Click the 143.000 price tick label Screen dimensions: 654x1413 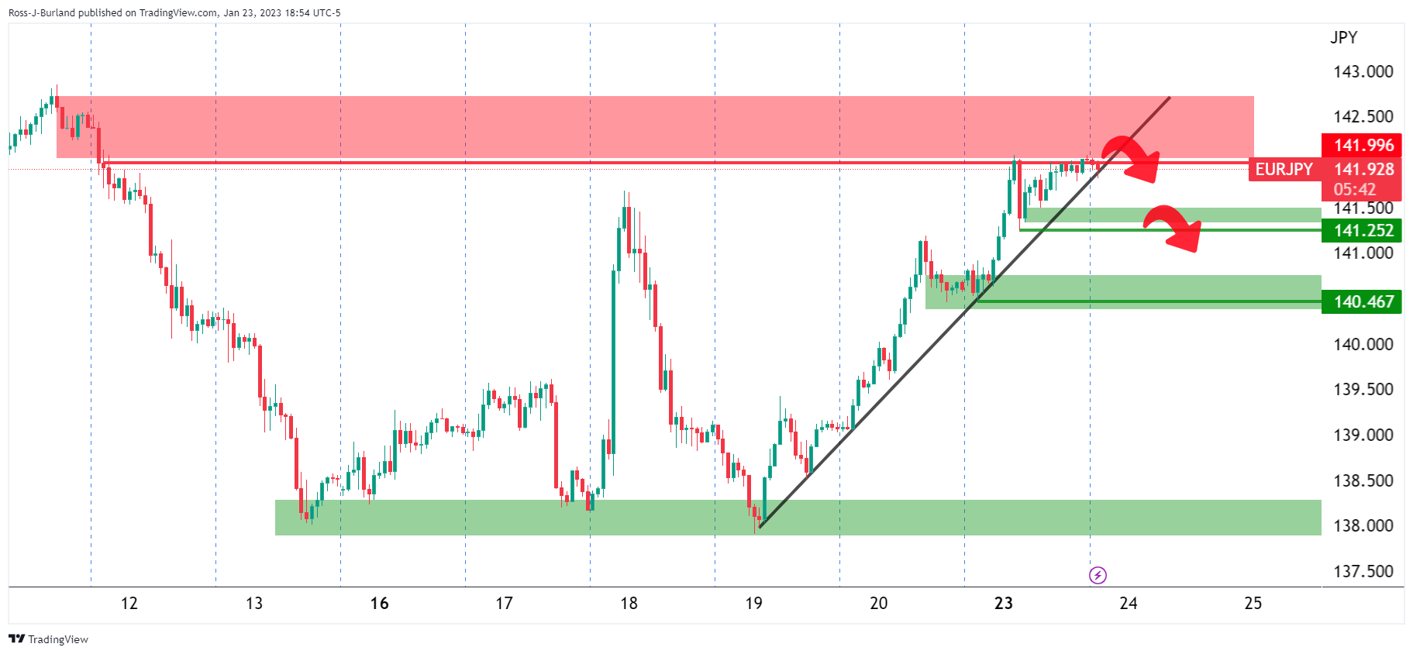click(1363, 72)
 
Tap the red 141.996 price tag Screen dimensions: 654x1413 click(1363, 145)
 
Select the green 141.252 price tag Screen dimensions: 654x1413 click(1363, 230)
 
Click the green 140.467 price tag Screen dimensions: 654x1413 click(1363, 301)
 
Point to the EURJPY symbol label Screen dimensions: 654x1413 click(1284, 170)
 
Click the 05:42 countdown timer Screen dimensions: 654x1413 click(1354, 189)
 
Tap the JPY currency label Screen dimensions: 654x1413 click(1343, 37)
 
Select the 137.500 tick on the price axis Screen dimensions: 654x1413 click(1363, 572)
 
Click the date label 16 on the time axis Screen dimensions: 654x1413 click(379, 604)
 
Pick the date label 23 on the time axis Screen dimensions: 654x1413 click(1003, 604)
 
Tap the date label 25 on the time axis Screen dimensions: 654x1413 click(1253, 604)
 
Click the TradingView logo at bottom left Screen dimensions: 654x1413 click(48, 639)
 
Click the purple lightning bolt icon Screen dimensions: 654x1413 click(1098, 575)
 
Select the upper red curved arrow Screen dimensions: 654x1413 click(1131, 158)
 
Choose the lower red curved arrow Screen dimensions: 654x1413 click(1173, 227)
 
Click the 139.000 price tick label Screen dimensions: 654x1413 click(1363, 435)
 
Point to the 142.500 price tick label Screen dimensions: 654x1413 click(1363, 117)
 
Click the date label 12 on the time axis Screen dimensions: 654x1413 click(129, 604)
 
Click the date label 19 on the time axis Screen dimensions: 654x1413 click(753, 604)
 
